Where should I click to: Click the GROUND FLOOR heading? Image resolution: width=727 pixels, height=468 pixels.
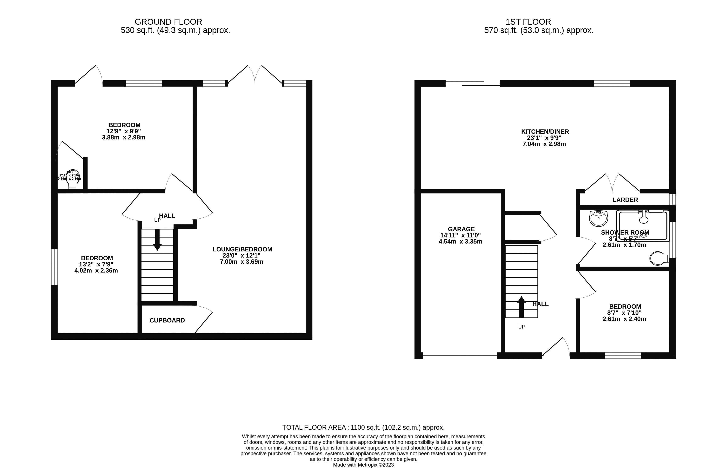(x=168, y=22)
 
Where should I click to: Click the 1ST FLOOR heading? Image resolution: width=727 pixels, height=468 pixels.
(x=528, y=22)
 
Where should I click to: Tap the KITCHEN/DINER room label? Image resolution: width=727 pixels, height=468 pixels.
(x=545, y=132)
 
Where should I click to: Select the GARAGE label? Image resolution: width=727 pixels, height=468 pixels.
(x=461, y=229)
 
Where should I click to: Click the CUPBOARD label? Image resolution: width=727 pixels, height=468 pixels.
(x=167, y=320)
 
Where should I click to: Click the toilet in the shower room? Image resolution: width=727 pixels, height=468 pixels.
(x=659, y=258)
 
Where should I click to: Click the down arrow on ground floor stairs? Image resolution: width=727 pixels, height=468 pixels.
(x=157, y=240)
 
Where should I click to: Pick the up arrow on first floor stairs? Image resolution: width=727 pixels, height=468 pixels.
(x=521, y=307)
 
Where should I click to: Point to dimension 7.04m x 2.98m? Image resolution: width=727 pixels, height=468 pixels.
(x=544, y=144)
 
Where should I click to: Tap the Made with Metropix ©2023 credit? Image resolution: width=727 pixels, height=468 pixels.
(x=363, y=465)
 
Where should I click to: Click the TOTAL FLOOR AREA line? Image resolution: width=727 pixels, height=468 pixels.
(x=363, y=427)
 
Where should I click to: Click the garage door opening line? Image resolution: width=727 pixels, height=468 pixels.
(x=460, y=355)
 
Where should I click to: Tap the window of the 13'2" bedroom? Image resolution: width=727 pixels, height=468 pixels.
(x=54, y=267)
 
